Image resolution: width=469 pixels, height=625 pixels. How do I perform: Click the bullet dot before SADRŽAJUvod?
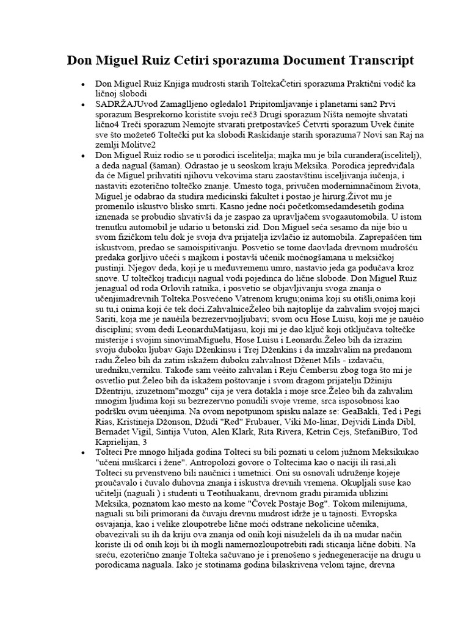click(82, 105)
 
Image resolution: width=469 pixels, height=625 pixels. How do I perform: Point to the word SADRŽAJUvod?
click(124, 105)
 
